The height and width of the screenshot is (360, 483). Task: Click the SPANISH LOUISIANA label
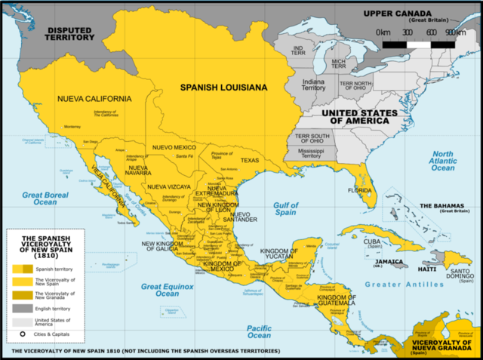pyautogui.click(x=223, y=88)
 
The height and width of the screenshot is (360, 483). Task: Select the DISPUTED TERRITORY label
pyautogui.click(x=69, y=34)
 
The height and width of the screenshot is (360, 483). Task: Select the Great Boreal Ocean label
pyautogui.click(x=39, y=198)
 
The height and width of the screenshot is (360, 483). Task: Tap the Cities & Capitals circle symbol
pyautogui.click(x=23, y=335)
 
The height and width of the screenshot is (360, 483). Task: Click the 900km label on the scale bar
pyautogui.click(x=454, y=32)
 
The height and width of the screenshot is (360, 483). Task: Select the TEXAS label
pyautogui.click(x=250, y=160)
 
